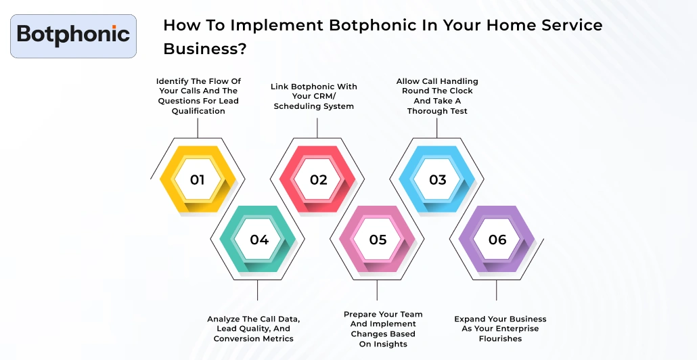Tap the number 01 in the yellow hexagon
[197, 180]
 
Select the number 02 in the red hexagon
[318, 180]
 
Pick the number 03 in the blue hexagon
[438, 180]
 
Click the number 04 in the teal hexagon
[259, 240]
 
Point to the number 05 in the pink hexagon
[378, 240]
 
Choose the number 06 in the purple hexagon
[497, 240]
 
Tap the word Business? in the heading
[204, 49]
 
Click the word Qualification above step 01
[198, 111]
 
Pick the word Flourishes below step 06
[500, 338]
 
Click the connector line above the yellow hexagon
[198, 128]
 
